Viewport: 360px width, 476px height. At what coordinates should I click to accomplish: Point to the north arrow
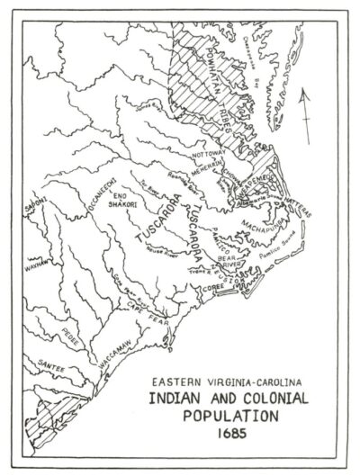tap(307, 113)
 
